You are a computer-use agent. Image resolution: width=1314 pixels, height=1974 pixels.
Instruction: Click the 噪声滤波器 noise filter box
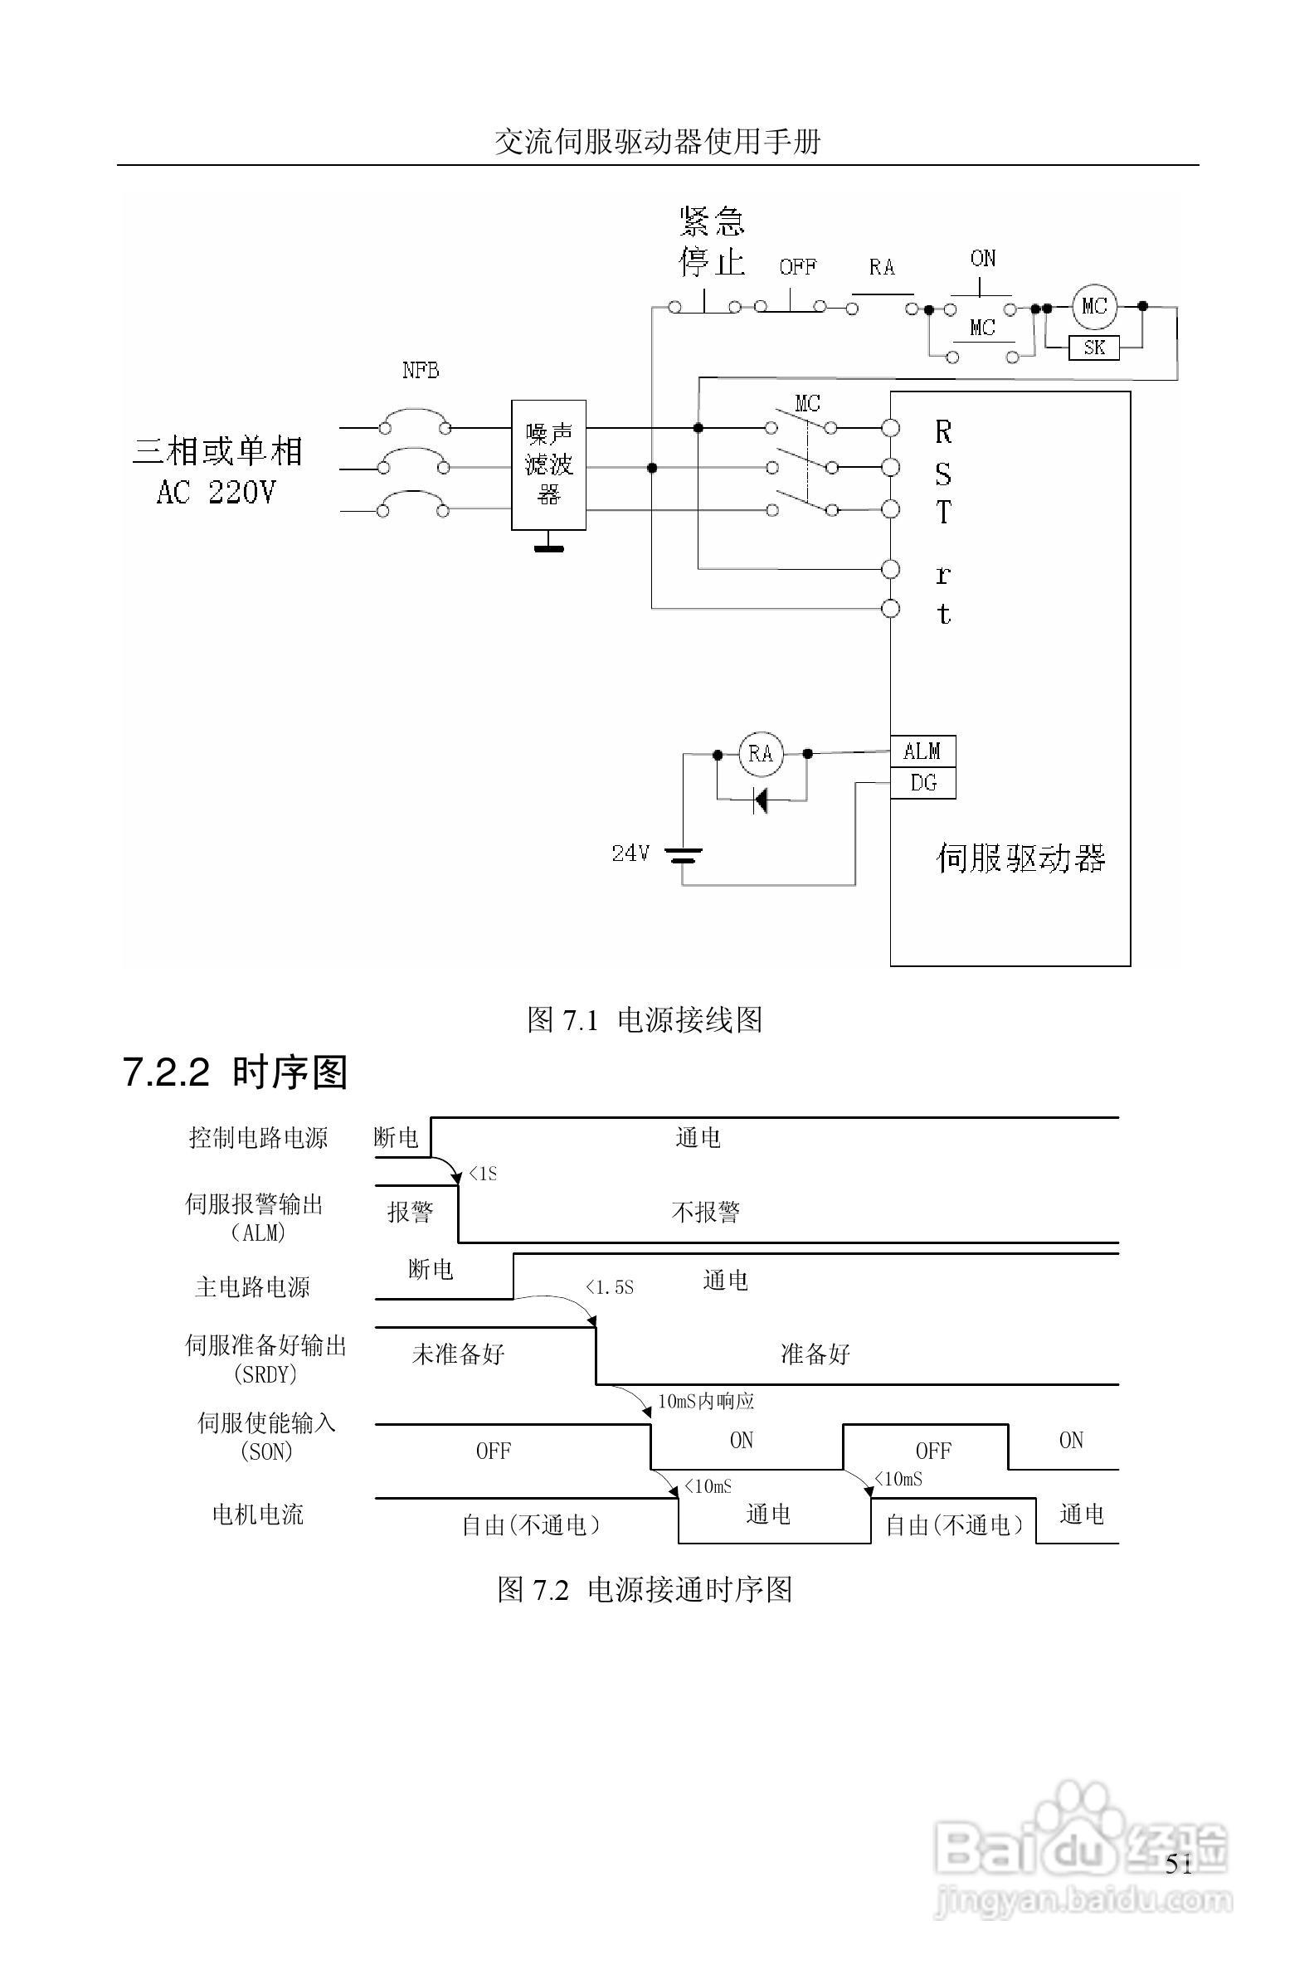[x=548, y=465]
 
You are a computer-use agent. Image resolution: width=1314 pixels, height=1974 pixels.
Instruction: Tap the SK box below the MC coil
[x=1093, y=348]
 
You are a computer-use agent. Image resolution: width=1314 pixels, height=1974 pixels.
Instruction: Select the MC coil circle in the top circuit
[x=1093, y=307]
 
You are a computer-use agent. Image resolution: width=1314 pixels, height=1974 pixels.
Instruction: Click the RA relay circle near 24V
[x=760, y=754]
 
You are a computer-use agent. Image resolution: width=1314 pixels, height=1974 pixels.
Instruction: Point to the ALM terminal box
[x=922, y=751]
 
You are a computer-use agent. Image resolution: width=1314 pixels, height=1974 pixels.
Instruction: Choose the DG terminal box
[x=922, y=784]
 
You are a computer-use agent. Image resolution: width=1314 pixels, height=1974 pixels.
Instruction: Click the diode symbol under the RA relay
[x=761, y=801]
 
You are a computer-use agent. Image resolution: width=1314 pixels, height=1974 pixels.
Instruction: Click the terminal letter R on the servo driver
[x=943, y=432]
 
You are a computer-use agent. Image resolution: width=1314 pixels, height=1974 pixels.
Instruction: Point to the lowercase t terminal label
[x=943, y=614]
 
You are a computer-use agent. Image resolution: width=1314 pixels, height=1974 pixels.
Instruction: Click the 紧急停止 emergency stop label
[x=712, y=242]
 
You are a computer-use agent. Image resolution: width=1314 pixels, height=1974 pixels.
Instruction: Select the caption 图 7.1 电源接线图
[x=645, y=1019]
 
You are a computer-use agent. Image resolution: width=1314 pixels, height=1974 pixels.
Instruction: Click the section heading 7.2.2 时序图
[x=235, y=1073]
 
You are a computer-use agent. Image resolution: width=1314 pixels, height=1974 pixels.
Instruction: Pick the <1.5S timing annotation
[x=609, y=1288]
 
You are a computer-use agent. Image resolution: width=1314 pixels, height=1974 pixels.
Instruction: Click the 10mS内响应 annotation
[x=706, y=1401]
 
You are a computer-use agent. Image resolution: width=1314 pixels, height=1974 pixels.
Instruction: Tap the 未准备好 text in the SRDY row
[x=458, y=1354]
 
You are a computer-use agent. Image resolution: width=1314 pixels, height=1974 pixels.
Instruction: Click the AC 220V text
[x=216, y=493]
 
